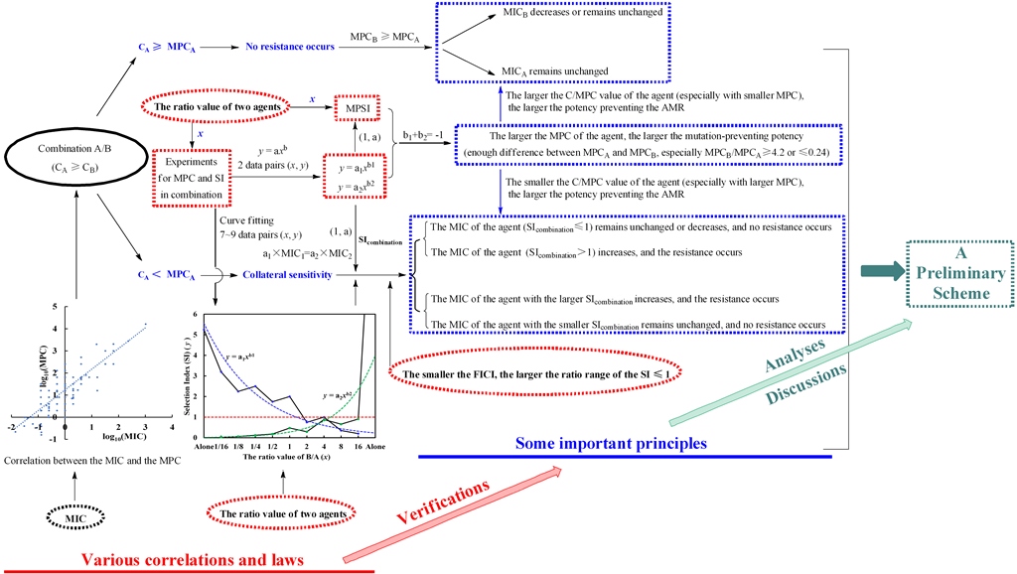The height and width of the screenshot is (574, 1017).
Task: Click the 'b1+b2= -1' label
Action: coord(425,143)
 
